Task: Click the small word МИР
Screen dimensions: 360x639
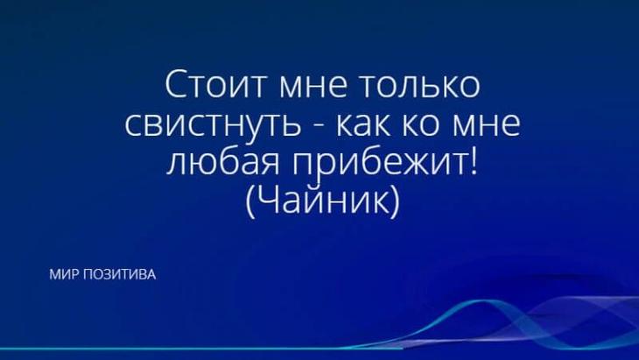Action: click(x=63, y=275)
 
